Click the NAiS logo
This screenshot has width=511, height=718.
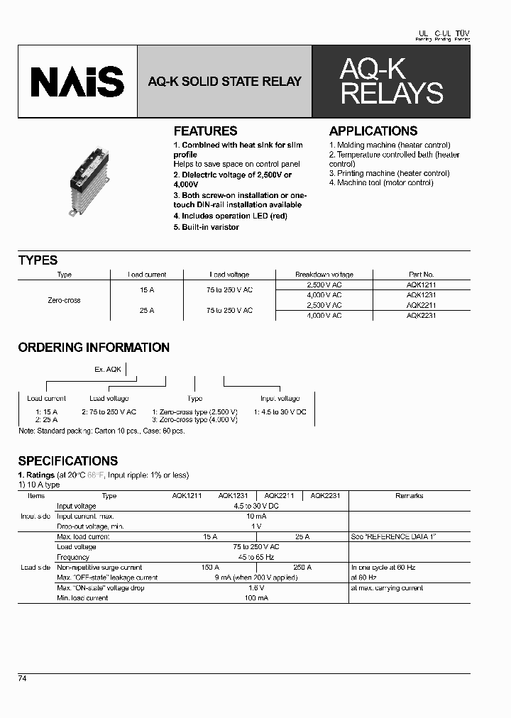77,82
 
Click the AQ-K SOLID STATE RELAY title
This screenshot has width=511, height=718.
224,82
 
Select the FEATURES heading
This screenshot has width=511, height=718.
205,131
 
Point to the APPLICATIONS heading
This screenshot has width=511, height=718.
373,131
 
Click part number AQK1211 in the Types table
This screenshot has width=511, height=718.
421,285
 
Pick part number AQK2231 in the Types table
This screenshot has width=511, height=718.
421,315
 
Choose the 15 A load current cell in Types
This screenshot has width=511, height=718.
147,289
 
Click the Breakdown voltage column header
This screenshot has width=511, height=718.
324,275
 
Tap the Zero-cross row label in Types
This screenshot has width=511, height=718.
64,300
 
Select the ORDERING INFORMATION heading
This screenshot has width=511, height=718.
94,348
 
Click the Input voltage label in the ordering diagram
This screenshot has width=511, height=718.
280,399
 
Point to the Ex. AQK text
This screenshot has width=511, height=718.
109,369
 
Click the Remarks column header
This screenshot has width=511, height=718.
409,496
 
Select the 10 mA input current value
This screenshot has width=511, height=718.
256,517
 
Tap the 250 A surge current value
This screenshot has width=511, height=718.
302,568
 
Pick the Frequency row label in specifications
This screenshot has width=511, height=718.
72,558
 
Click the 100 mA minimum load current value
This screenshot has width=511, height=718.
256,598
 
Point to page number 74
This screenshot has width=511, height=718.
23,678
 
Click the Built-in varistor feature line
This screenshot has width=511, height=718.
207,227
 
